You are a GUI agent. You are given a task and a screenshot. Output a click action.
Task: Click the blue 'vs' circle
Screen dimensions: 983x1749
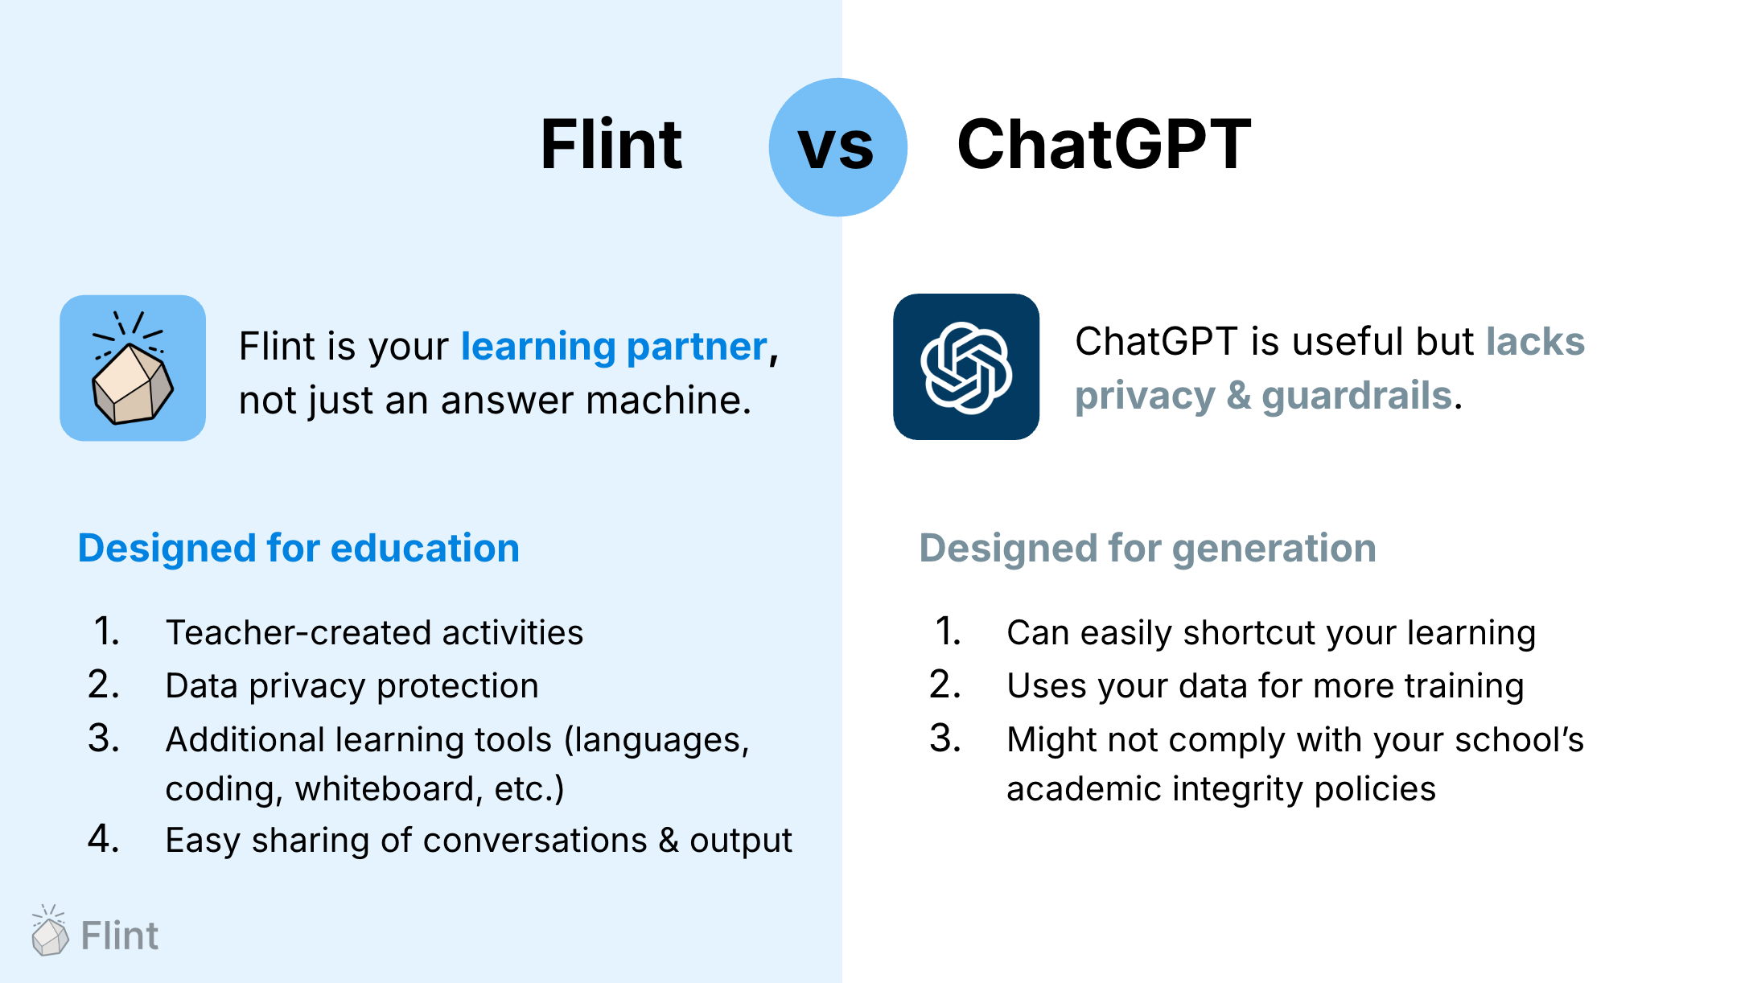(x=837, y=147)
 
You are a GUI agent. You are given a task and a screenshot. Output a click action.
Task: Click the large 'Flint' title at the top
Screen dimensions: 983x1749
(x=611, y=145)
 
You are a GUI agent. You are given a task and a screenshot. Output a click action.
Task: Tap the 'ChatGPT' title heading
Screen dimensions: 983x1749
(x=1103, y=145)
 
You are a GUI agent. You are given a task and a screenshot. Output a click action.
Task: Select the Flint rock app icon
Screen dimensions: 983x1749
(x=133, y=368)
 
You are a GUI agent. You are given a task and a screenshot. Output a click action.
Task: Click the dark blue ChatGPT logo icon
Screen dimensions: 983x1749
(x=965, y=367)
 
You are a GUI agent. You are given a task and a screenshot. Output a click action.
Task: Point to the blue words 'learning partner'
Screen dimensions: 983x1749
(x=614, y=347)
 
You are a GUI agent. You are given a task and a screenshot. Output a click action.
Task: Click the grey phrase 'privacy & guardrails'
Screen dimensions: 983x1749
(x=1263, y=396)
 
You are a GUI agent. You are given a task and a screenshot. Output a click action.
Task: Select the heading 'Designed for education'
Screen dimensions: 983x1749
(x=298, y=549)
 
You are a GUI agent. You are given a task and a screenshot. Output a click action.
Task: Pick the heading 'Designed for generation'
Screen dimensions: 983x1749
(x=1147, y=549)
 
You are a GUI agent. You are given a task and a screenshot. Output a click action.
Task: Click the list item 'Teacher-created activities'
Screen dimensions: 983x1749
(x=374, y=632)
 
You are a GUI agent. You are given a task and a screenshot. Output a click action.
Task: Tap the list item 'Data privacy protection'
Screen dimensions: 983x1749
(x=352, y=686)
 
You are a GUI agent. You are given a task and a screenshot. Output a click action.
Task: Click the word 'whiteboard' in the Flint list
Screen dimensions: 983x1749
(x=388, y=789)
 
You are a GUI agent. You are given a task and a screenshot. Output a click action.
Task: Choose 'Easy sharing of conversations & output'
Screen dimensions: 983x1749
(x=478, y=841)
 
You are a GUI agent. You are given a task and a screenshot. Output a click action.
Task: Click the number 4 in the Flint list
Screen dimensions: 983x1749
(x=103, y=839)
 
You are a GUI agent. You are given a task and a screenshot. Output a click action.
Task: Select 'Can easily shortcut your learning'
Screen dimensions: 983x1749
(x=1270, y=632)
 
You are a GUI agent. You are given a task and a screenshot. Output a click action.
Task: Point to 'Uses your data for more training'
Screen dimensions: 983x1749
(x=1265, y=686)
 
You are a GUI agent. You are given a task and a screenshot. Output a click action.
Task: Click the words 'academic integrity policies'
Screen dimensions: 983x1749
(x=1220, y=789)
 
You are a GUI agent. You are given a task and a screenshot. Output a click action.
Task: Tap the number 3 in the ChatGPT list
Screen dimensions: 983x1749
(x=944, y=738)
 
